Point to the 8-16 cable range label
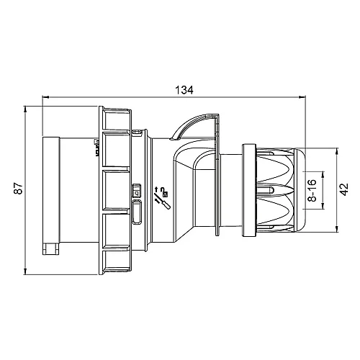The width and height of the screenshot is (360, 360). coord(312,190)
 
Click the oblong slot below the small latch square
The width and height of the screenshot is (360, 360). coord(137,213)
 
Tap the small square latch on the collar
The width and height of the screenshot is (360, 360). coord(136,192)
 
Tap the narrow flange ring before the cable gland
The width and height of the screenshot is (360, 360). coord(250,190)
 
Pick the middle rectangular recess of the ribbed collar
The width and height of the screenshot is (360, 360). coord(114,190)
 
